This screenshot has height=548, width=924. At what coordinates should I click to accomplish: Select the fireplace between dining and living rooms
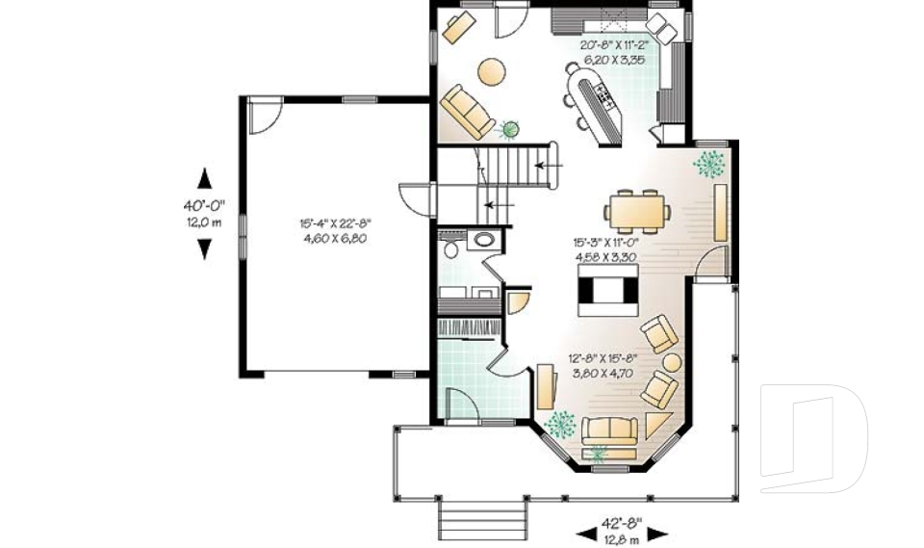coord(606,292)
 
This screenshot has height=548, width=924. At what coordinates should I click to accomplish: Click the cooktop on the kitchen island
coord(604,92)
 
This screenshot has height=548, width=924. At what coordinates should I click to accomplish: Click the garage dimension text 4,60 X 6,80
coord(332,237)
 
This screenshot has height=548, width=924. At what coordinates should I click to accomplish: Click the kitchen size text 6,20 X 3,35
coord(611,60)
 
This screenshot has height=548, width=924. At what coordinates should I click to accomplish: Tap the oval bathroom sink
coord(483,240)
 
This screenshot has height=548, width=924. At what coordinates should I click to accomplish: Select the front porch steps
coord(484,521)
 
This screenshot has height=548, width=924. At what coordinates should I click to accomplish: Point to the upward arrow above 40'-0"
coord(203,178)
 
